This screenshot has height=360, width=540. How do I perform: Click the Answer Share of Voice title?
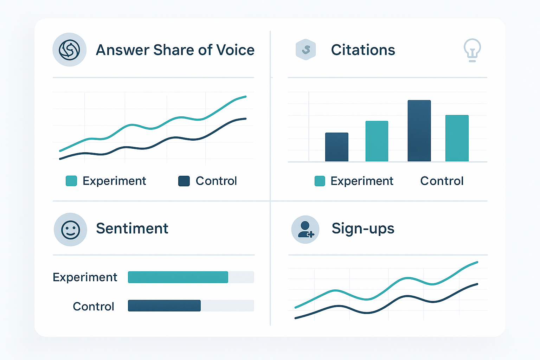point(175,50)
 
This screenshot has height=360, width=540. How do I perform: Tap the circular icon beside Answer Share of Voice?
point(69,50)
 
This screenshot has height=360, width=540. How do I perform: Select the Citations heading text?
point(363,50)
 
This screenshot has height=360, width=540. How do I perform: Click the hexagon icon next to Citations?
point(306,50)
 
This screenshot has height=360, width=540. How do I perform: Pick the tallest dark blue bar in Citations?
point(419,131)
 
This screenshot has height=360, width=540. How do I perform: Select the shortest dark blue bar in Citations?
point(336,147)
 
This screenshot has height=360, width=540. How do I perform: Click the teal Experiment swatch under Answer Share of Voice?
point(71,181)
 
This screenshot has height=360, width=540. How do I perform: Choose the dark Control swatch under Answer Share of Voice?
point(184,181)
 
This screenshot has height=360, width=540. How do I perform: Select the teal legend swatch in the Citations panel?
point(320,181)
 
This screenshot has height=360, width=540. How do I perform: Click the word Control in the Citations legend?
point(442,181)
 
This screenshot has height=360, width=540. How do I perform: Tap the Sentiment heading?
point(132,229)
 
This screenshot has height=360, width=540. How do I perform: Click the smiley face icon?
point(70,230)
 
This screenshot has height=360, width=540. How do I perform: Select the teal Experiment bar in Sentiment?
point(178,277)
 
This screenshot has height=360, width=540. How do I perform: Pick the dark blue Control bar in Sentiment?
point(164,306)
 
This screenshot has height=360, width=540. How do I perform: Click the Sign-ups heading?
point(363,229)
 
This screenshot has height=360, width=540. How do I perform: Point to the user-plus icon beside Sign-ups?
point(305,230)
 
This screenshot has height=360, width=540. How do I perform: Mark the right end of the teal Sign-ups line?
point(477,262)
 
